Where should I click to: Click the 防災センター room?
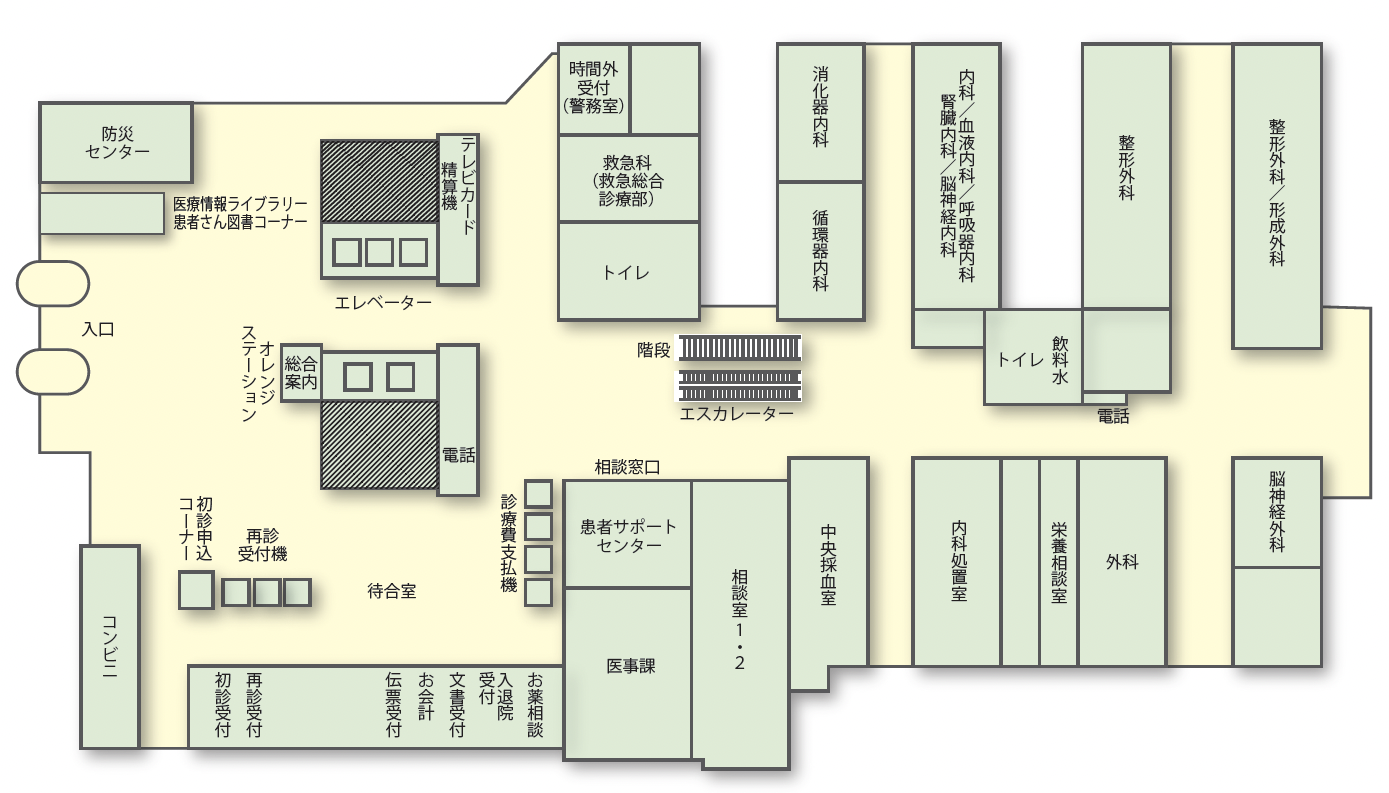click(115, 142)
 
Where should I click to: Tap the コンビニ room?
click(109, 647)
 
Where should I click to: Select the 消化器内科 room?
click(820, 112)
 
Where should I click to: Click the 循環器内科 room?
click(820, 250)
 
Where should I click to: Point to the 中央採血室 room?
click(828, 565)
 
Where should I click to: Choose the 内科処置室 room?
click(957, 561)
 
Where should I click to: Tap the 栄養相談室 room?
click(1058, 561)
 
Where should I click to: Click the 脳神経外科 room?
click(1276, 512)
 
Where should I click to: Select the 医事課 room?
click(628, 666)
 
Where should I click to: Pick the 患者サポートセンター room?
click(628, 535)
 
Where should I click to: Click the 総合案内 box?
click(301, 372)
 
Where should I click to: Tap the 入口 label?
click(98, 328)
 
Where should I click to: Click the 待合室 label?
click(391, 591)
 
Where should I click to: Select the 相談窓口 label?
click(627, 466)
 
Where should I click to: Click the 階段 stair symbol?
click(740, 348)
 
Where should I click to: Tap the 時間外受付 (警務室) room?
click(594, 88)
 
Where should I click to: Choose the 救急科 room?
click(627, 178)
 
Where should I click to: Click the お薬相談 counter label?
click(535, 704)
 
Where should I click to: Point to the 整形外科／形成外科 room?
click(1276, 195)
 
